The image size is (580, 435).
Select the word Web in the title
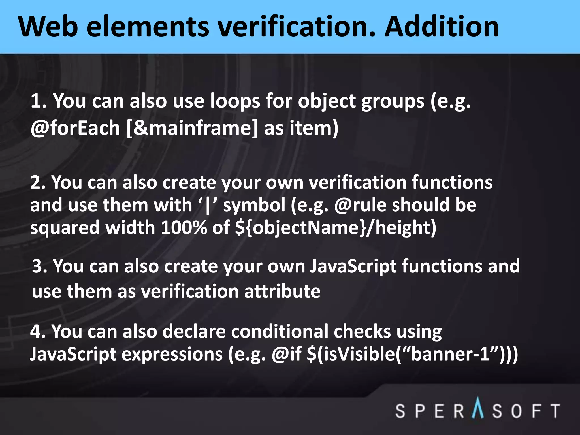pyautogui.click(x=48, y=27)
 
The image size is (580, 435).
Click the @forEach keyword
pyautogui.click(x=75, y=128)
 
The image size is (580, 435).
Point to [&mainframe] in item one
pyautogui.click(x=192, y=128)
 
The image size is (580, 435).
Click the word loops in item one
pyautogui.click(x=235, y=101)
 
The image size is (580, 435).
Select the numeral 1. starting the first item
pyautogui.click(x=39, y=101)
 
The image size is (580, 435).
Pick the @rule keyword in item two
pyautogui.click(x=360, y=205)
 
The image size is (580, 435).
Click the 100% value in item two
pyautogui.click(x=184, y=228)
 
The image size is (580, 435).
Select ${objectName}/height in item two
pyautogui.click(x=335, y=228)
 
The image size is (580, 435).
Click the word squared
pyautogui.click(x=65, y=228)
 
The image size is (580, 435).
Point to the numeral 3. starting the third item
pyautogui.click(x=40, y=266)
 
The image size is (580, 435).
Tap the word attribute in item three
pyautogui.click(x=282, y=291)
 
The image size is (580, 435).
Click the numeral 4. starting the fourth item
pyautogui.click(x=38, y=331)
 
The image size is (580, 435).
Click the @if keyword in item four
pyautogui.click(x=286, y=354)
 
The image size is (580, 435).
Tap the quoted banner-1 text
pyautogui.click(x=450, y=354)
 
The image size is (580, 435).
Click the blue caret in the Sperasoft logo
pyautogui.click(x=478, y=408)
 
